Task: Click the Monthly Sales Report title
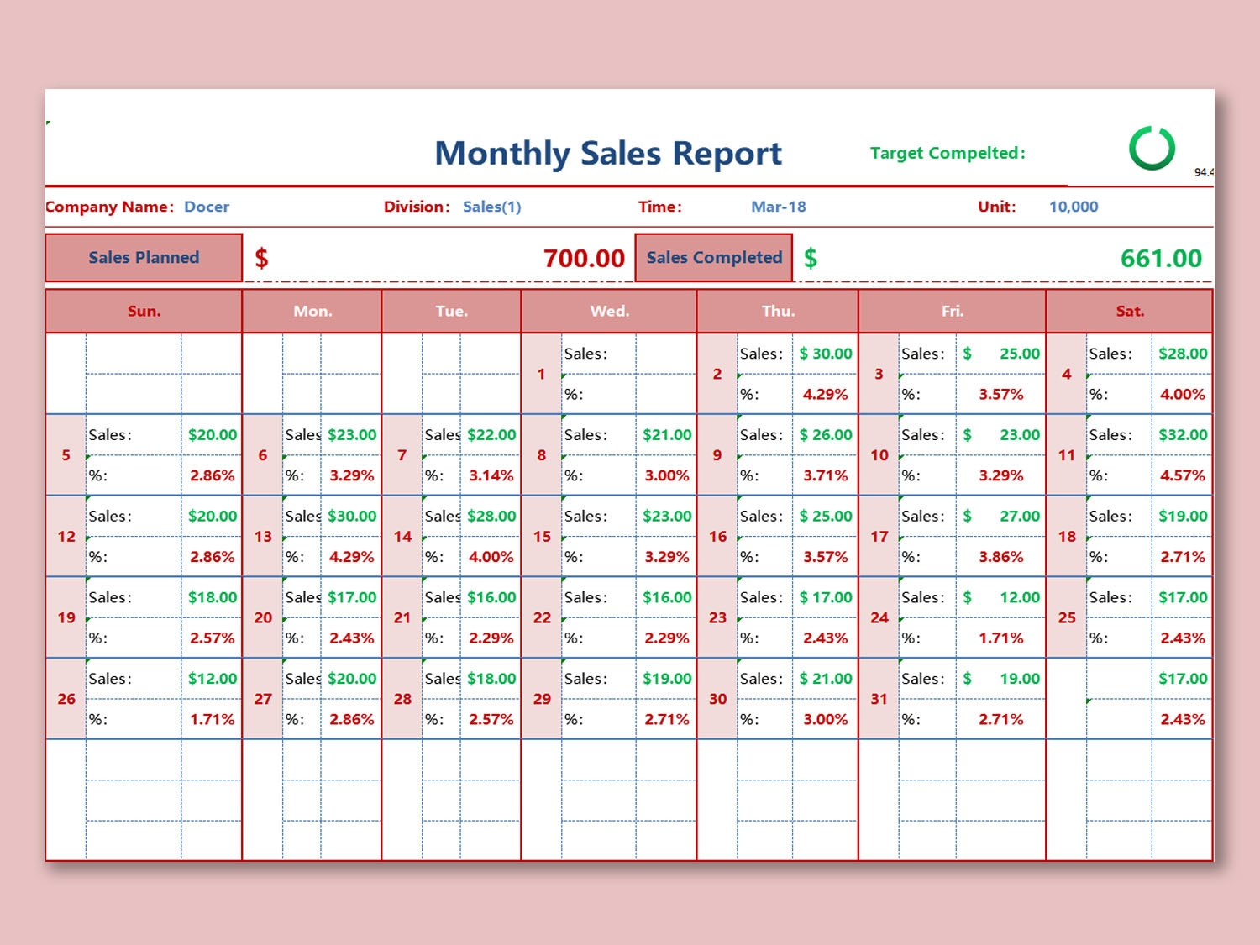(608, 154)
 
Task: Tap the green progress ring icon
(1152, 149)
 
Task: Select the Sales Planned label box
(144, 258)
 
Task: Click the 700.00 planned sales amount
(583, 259)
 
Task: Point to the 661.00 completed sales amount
(1161, 259)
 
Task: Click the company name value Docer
(207, 207)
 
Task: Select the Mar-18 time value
(778, 207)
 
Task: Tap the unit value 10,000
(1073, 207)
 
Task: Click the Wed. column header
(609, 312)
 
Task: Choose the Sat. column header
(1130, 312)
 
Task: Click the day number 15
(542, 537)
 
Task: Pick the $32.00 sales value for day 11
(1182, 435)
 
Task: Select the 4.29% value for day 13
(351, 557)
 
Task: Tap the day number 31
(879, 699)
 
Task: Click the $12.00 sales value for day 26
(212, 679)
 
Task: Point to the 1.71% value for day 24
(1000, 638)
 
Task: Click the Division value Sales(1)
(491, 207)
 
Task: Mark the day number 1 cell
(542, 374)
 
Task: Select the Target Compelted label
(948, 153)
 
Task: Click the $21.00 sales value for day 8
(667, 435)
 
